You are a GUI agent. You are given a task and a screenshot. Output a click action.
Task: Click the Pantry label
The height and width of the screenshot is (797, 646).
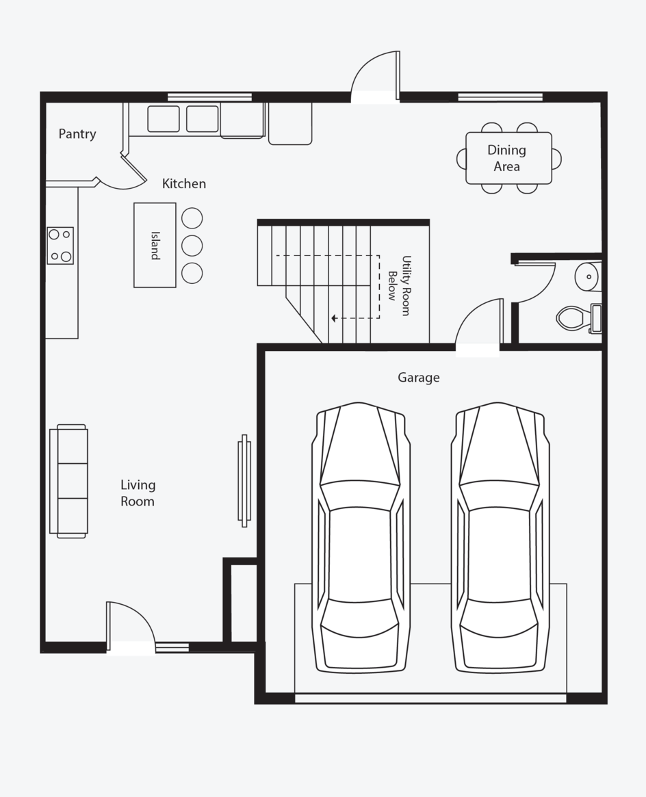(x=77, y=134)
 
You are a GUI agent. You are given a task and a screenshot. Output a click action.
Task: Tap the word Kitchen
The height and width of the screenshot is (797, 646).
(x=184, y=183)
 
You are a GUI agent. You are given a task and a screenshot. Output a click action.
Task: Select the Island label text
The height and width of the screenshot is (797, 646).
(x=155, y=246)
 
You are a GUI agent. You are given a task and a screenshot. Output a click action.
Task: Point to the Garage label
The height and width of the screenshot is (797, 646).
(x=418, y=378)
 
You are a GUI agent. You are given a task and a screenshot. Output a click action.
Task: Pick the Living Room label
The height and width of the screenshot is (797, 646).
(x=138, y=493)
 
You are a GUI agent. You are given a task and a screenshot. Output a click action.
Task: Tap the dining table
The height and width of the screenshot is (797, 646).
(x=508, y=158)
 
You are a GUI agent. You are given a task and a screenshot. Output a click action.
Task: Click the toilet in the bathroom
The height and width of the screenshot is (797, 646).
(x=579, y=318)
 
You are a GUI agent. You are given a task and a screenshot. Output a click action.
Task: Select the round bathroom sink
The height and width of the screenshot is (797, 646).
(x=588, y=277)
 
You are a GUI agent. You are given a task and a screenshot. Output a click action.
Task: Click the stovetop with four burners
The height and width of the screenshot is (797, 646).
(x=60, y=246)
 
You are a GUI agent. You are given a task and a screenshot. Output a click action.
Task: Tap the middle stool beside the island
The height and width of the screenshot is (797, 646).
(x=192, y=246)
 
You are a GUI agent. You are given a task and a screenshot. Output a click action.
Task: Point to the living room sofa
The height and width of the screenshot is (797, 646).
(x=68, y=481)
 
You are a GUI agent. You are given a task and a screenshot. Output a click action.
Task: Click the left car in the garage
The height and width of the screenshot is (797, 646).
(x=361, y=538)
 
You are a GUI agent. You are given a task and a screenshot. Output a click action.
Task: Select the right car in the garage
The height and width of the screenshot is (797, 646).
(x=500, y=538)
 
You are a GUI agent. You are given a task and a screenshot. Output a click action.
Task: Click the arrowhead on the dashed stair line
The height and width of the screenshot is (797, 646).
(x=334, y=319)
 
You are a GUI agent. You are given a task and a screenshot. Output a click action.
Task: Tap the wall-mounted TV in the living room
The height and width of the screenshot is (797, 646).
(x=244, y=481)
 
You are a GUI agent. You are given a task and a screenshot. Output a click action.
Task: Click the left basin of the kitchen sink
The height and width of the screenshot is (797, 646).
(x=163, y=119)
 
